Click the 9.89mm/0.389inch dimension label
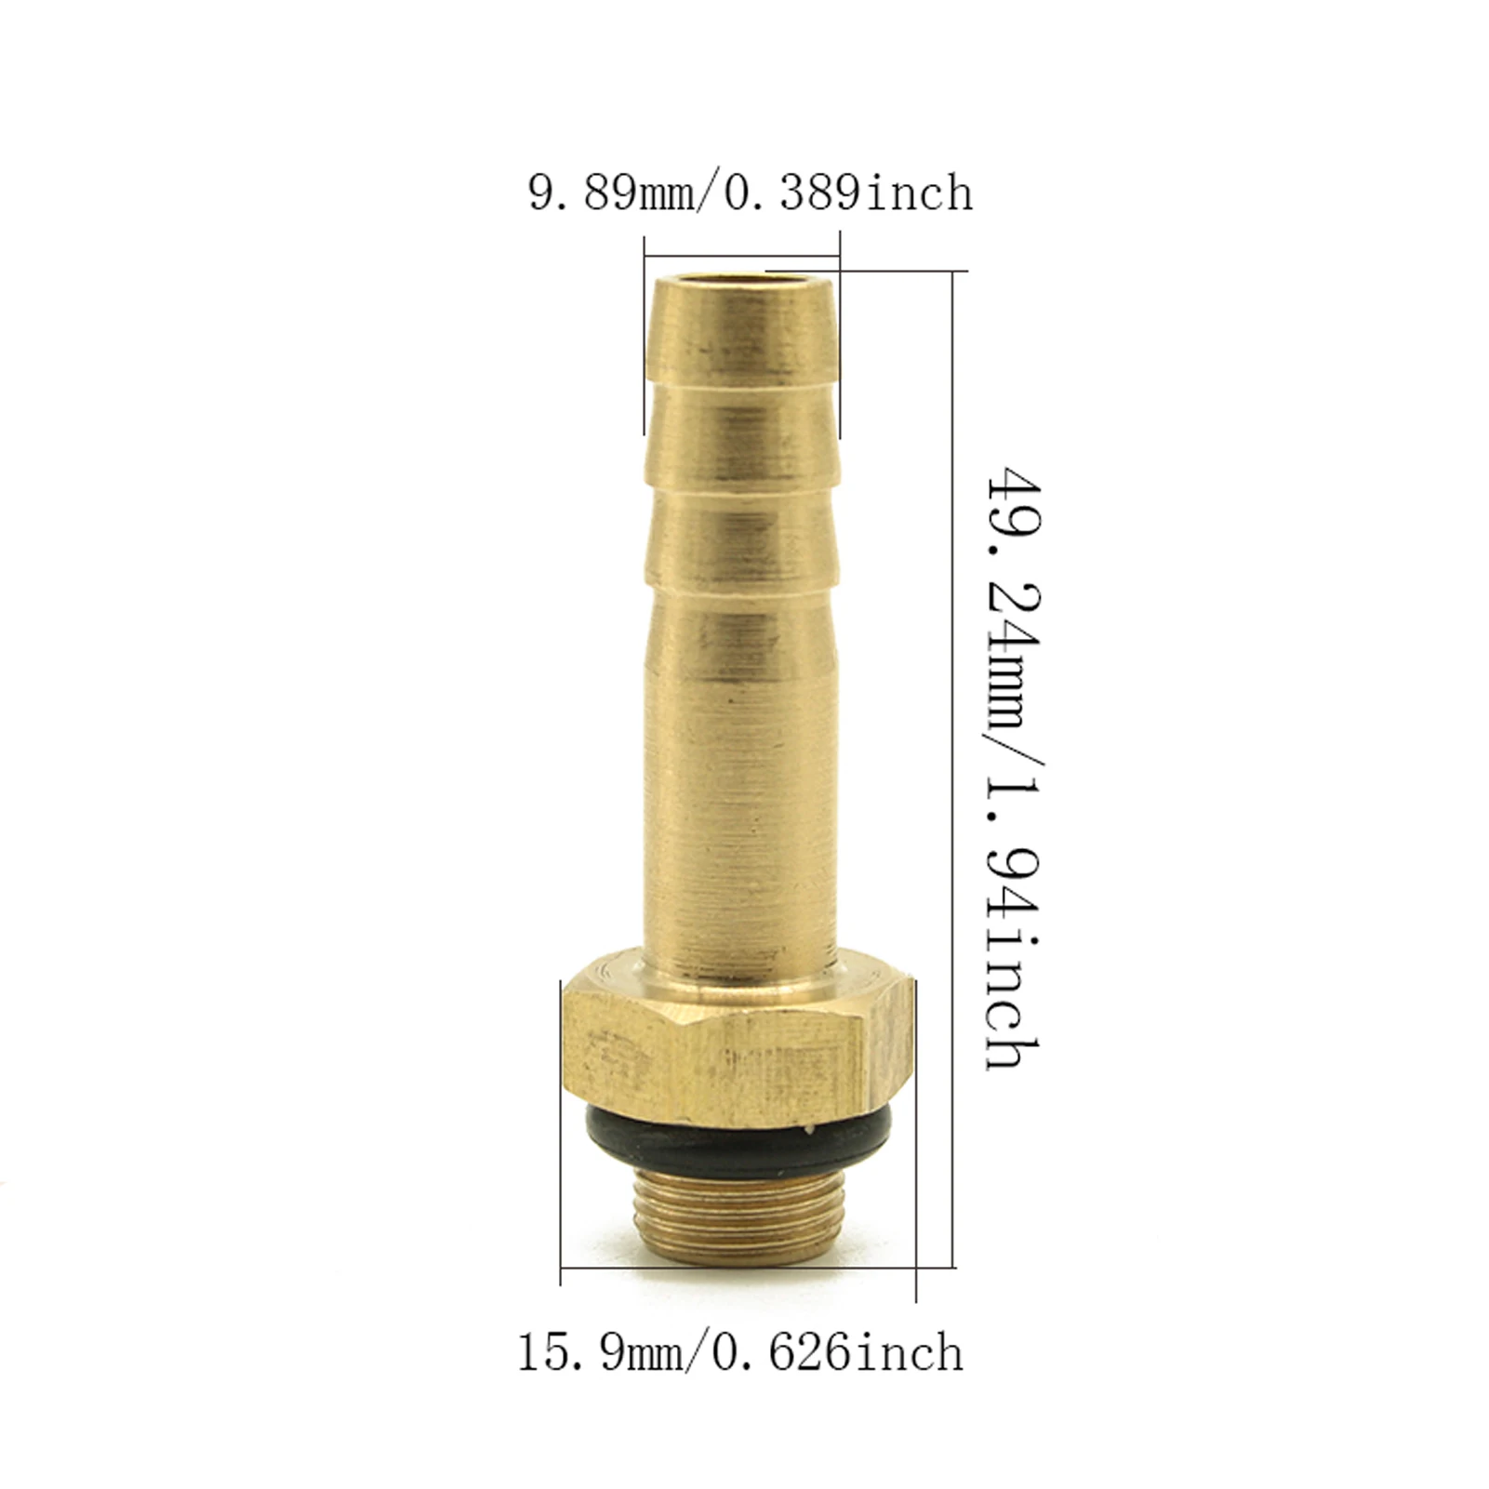750,193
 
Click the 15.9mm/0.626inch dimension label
739,1352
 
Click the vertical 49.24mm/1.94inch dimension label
1015,766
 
